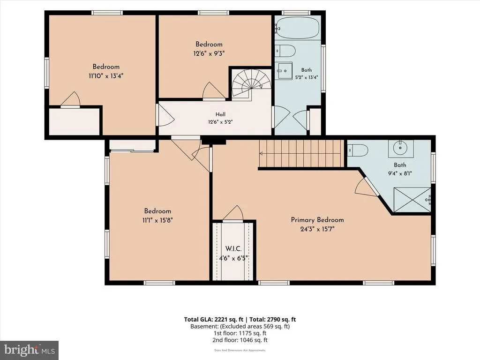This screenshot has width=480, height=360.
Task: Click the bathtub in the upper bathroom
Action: click(x=297, y=28)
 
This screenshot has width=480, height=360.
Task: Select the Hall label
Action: click(x=220, y=114)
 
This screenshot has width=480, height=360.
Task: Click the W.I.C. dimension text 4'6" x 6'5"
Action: click(x=233, y=258)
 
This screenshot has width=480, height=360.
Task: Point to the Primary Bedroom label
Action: click(x=317, y=220)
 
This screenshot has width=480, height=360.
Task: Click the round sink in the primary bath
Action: click(x=401, y=148)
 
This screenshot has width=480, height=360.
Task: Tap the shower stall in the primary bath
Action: click(x=412, y=200)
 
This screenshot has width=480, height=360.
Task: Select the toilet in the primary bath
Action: click(x=358, y=150)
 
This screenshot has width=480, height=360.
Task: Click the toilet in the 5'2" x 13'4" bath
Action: click(x=285, y=51)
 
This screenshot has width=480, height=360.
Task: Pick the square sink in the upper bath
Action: click(x=284, y=71)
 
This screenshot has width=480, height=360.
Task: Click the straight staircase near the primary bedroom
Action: click(x=301, y=153)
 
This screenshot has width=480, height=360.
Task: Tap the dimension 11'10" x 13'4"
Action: click(x=106, y=75)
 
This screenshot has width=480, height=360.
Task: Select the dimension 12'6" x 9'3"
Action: click(x=209, y=53)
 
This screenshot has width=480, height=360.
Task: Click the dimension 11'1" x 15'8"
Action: click(x=157, y=220)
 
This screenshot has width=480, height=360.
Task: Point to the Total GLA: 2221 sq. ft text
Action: click(x=214, y=319)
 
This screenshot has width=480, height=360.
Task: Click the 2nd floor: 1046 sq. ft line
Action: click(x=240, y=340)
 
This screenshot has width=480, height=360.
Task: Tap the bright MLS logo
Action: click(x=30, y=350)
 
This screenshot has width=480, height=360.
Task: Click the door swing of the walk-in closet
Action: click(x=233, y=213)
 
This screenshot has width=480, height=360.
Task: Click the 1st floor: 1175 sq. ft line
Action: click(x=240, y=333)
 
